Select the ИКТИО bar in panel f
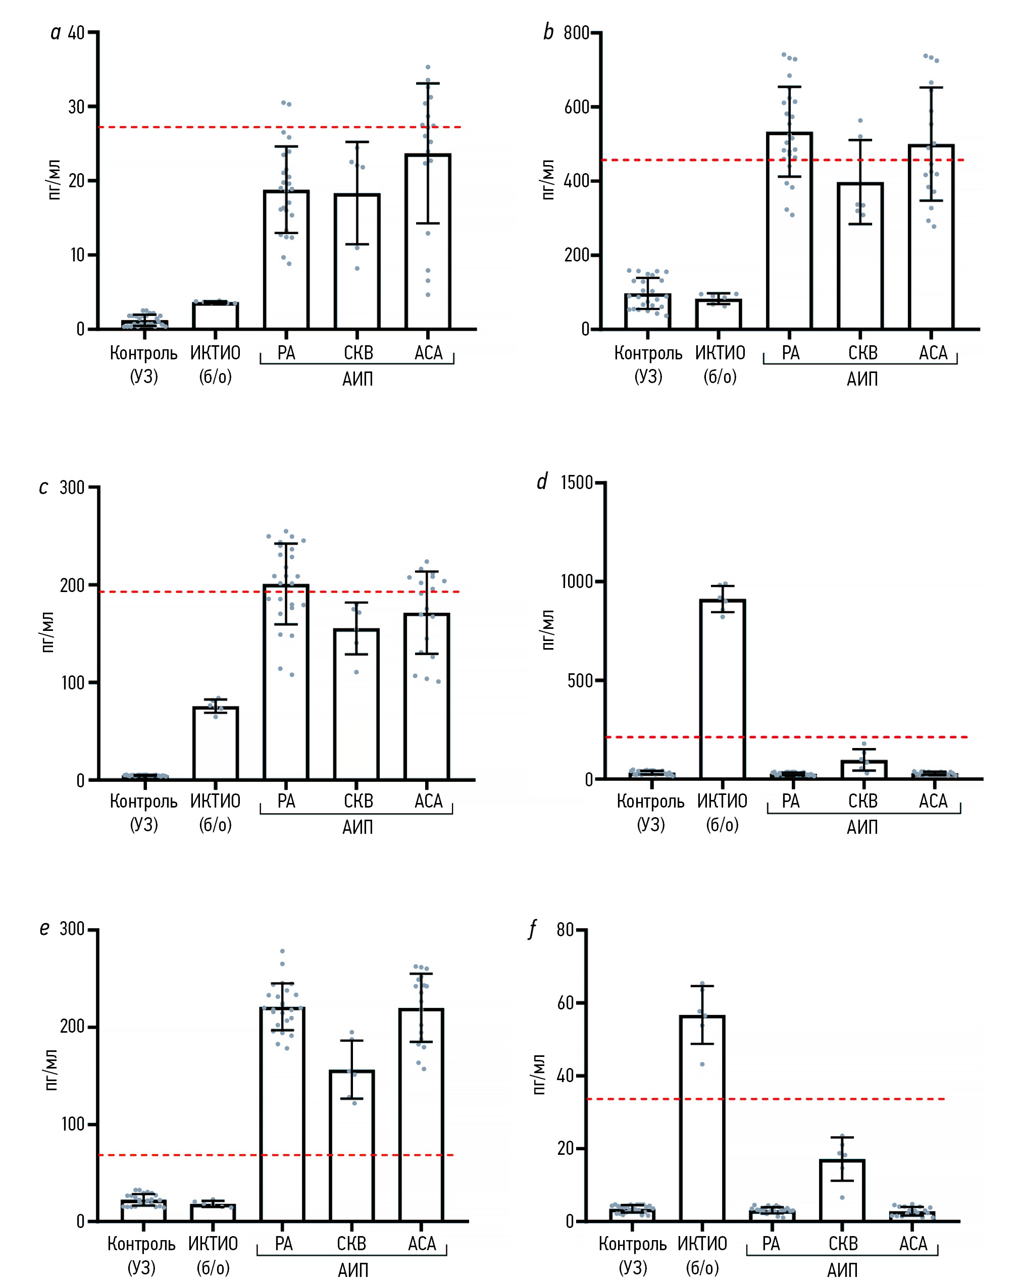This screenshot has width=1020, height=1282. pyautogui.click(x=702, y=1118)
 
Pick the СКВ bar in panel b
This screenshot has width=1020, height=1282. pyautogui.click(x=860, y=256)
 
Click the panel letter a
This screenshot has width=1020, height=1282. pyautogui.click(x=56, y=32)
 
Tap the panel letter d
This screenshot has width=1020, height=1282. pyautogui.click(x=542, y=481)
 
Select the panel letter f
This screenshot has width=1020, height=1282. pyautogui.click(x=533, y=929)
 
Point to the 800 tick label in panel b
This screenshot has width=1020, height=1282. pyautogui.click(x=576, y=33)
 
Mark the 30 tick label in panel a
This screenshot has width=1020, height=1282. pyautogui.click(x=76, y=107)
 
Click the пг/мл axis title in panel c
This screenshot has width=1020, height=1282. pyautogui.click(x=47, y=632)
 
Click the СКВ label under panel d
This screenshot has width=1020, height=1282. pyautogui.click(x=862, y=801)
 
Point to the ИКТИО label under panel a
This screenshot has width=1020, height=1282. pyautogui.click(x=215, y=353)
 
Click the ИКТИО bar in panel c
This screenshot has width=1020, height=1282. pyautogui.click(x=215, y=743)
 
